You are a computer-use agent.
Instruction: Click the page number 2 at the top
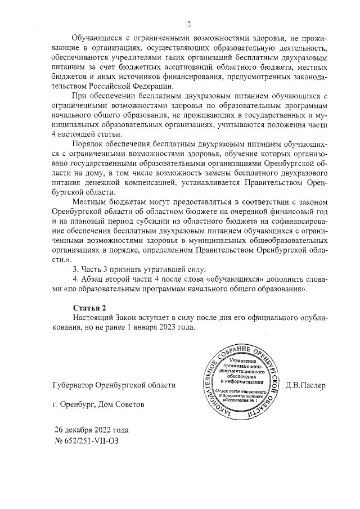(x=190, y=24)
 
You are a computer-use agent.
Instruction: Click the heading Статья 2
(x=89, y=307)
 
